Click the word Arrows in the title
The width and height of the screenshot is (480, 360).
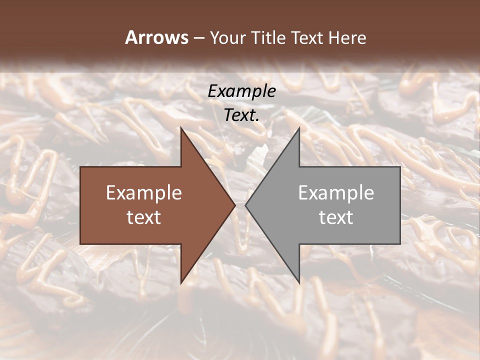pos(156,37)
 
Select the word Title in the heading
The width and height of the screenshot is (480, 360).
pos(269,38)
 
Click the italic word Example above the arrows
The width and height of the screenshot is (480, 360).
pos(242,91)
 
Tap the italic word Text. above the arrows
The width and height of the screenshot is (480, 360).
pos(242,115)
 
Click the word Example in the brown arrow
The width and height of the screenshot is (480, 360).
pos(144,193)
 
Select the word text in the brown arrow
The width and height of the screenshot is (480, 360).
pos(144,217)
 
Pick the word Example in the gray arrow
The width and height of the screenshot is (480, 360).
pos(336,193)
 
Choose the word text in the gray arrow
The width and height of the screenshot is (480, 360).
pos(336,217)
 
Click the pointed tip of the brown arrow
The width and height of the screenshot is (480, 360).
pos(235,205)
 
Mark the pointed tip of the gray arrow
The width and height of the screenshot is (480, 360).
pos(245,205)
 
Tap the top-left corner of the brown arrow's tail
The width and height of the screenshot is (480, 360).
pos(81,167)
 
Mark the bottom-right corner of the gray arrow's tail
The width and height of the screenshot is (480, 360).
pos(399,243)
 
